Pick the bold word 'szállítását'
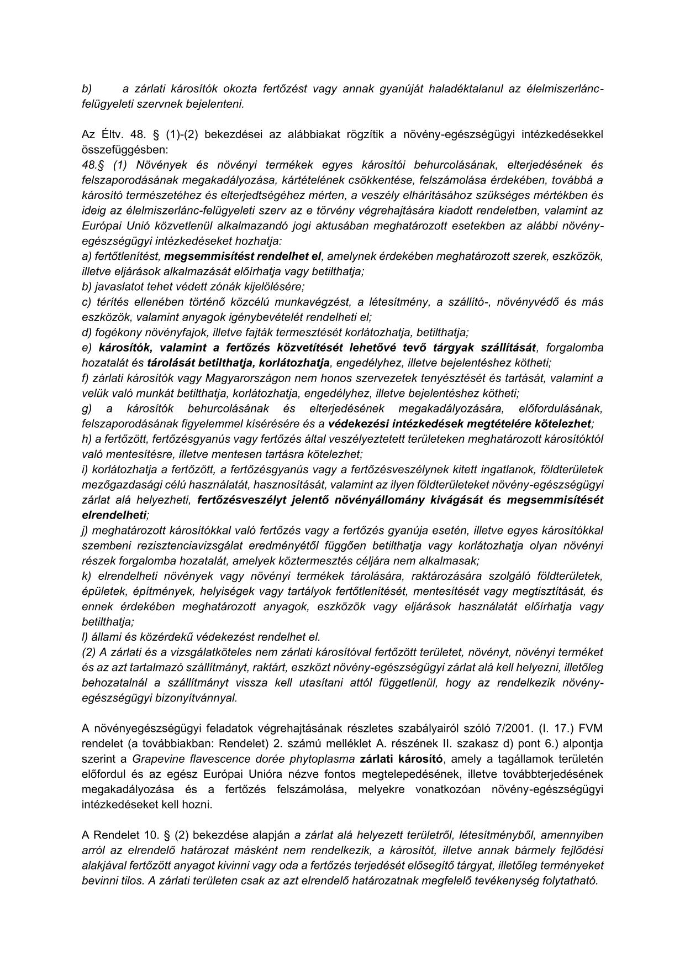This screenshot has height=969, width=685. [509, 348]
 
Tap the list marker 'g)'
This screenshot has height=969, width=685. [86, 409]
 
